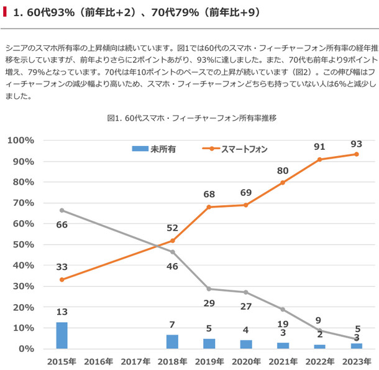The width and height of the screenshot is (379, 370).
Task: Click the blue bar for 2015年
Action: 62,335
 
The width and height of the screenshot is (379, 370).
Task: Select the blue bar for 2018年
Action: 172,341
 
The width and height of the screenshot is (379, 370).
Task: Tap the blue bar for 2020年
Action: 246,344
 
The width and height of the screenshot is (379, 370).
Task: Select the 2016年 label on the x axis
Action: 99,361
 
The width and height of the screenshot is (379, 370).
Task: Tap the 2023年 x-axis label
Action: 356,361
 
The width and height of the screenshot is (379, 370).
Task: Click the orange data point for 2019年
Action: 209,206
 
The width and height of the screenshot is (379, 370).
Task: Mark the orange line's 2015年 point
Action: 62,280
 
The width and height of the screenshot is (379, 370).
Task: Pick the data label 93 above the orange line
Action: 356,144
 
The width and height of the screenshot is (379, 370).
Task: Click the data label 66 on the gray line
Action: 62,224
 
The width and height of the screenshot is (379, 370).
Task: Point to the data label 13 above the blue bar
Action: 62,312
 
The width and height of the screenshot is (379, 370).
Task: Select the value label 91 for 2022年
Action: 319,147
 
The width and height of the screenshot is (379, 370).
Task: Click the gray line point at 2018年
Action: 172,252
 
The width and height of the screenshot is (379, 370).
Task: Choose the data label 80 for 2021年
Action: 283,170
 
